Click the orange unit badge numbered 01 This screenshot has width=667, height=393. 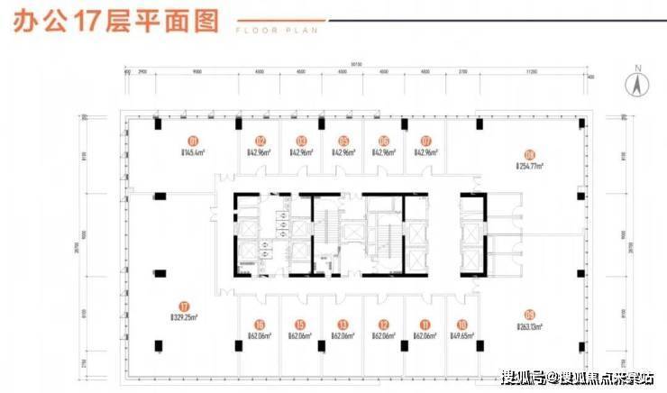tap(193, 141)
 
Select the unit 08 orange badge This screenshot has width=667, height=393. tap(529, 153)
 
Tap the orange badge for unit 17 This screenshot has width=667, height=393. tap(184, 306)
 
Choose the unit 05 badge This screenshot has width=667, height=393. tap(343, 141)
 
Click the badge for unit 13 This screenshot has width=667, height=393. tap(343, 325)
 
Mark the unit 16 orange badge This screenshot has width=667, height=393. tap(260, 325)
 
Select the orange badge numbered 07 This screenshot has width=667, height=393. tap(426, 141)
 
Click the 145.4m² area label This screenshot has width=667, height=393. tap(193, 153)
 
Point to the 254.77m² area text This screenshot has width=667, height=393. tap(532, 166)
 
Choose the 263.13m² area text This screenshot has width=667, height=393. tap(532, 327)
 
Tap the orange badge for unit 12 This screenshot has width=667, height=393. tap(384, 325)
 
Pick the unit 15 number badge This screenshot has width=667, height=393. tap(301, 325)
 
